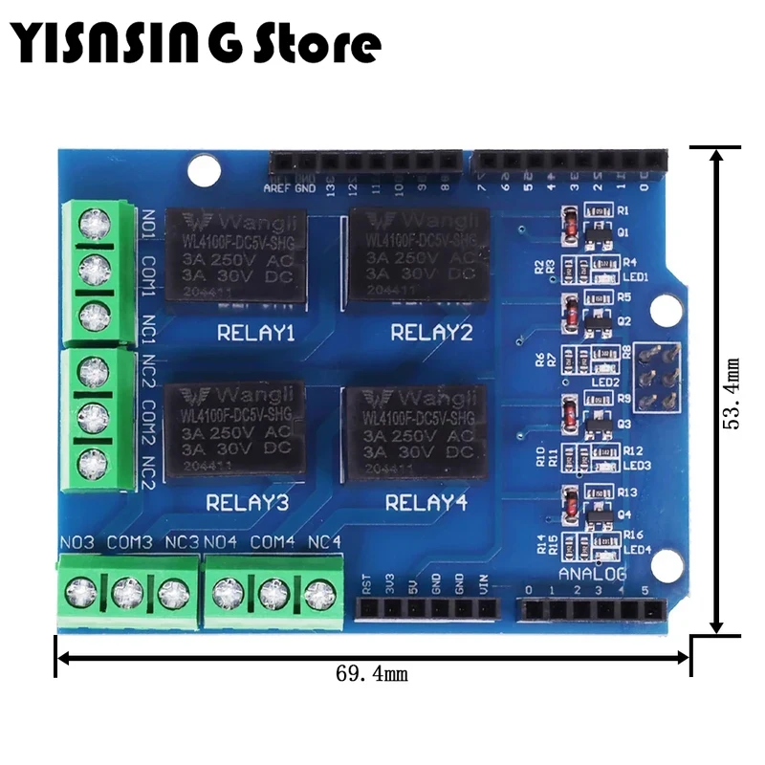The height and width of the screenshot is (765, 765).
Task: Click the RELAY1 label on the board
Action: point(255,335)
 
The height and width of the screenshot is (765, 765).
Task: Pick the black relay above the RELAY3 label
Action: point(237,434)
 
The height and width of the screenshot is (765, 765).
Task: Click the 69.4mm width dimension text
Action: point(372,674)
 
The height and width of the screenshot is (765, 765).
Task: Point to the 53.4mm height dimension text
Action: point(733,393)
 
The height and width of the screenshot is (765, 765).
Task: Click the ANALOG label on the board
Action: point(593,574)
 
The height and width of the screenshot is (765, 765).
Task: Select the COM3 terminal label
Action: point(129,543)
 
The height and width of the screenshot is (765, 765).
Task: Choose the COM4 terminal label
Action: point(274,543)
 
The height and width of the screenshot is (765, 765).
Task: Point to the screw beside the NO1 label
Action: point(95,223)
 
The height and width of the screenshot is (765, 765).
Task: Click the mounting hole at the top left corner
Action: point(202,170)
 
